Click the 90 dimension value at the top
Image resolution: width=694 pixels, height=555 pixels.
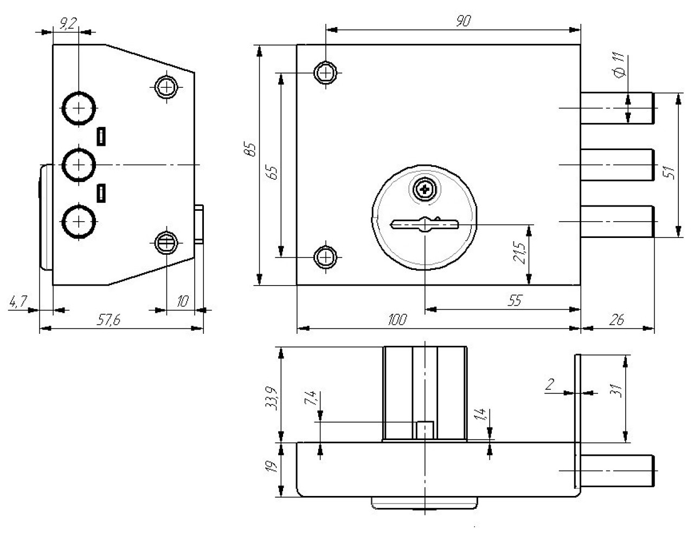pyautogui.click(x=464, y=21)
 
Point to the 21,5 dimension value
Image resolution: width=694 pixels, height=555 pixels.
pyautogui.click(x=519, y=253)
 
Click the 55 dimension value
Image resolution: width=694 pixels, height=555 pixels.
pyautogui.click(x=515, y=300)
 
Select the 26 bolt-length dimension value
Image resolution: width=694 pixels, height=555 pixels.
pyautogui.click(x=616, y=320)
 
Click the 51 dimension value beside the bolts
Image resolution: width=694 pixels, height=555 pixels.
pyautogui.click(x=670, y=172)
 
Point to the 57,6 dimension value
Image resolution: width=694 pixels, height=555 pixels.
pyautogui.click(x=108, y=320)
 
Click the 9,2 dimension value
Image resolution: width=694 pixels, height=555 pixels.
pyautogui.click(x=68, y=23)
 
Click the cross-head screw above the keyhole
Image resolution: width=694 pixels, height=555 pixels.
pyautogui.click(x=424, y=190)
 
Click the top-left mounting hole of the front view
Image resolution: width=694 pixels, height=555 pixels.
pyautogui.click(x=326, y=72)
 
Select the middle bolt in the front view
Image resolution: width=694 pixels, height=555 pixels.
pyautogui.click(x=617, y=164)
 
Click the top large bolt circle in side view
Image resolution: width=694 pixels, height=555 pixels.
pyautogui.click(x=79, y=108)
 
